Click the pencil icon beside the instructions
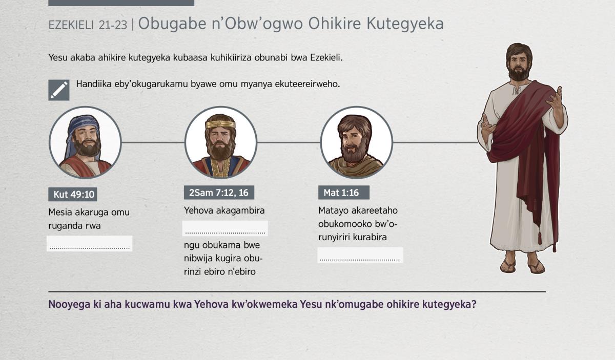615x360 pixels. (x=59, y=90)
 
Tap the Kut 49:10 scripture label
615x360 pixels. (x=72, y=194)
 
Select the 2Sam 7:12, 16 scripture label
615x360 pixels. (x=219, y=193)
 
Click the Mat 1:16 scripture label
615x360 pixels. (x=344, y=193)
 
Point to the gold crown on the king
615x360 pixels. (x=220, y=124)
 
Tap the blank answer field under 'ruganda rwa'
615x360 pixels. (x=90, y=243)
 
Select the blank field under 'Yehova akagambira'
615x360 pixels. (x=225, y=228)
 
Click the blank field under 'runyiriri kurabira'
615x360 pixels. (x=360, y=255)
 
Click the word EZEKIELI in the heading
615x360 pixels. (x=71, y=25)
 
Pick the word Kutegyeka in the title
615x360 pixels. (x=405, y=24)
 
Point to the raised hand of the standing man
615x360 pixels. (x=555, y=99)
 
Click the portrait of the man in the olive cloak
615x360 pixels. (x=356, y=142)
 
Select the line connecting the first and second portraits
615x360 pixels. (x=153, y=142)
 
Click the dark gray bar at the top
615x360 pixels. (x=121, y=3)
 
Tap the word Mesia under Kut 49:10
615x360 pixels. (x=60, y=212)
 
